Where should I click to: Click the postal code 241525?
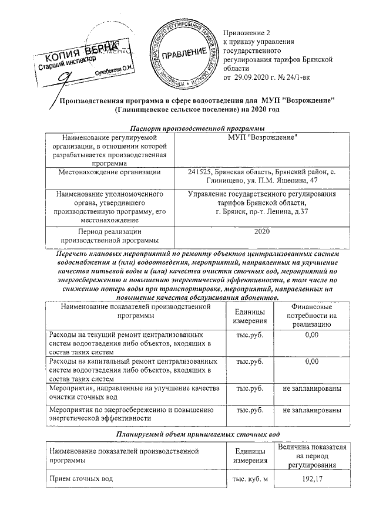click(200, 172)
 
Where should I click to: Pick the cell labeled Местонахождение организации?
click(110, 172)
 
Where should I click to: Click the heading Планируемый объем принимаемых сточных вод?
click(187, 434)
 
